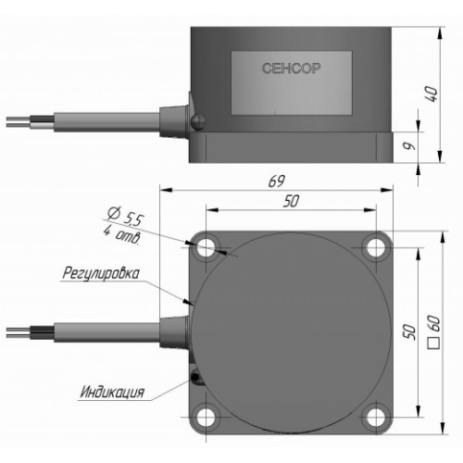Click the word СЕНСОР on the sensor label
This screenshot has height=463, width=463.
291,69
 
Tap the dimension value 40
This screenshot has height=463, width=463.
432,94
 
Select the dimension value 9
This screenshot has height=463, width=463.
409,146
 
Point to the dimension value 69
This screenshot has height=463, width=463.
276,181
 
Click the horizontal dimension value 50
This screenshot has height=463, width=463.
291,201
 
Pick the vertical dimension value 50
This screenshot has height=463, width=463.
410,332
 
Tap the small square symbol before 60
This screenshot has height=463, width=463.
434,344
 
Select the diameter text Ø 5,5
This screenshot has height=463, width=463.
126,217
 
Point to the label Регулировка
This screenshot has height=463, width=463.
101,273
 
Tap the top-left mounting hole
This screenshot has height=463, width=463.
206,247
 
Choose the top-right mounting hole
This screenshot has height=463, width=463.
376,247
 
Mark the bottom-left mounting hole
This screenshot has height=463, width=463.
206,417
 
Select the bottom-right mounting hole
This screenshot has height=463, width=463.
376,417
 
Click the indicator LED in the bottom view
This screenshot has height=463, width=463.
195,377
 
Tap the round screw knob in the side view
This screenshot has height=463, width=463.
198,121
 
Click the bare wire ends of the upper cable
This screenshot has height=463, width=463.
19,121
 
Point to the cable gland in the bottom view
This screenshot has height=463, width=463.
174,332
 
